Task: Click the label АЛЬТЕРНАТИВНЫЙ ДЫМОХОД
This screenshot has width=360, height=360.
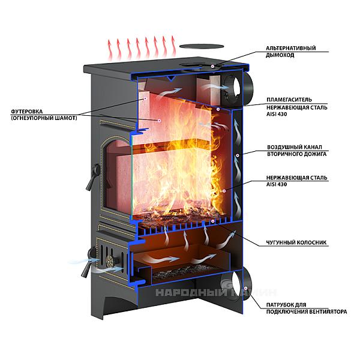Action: (x=296, y=52)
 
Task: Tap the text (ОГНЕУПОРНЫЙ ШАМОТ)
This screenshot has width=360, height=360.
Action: (x=44, y=118)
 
